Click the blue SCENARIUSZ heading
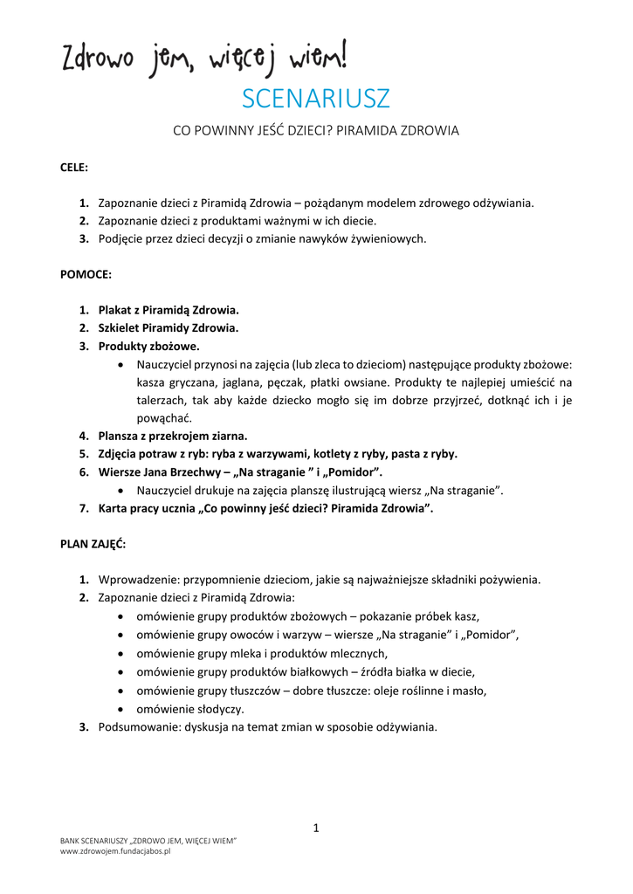[x=315, y=99]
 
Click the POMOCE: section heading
[x=86, y=273]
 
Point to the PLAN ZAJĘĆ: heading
[x=93, y=543]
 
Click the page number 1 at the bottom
[x=316, y=828]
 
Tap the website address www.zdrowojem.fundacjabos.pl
[x=115, y=851]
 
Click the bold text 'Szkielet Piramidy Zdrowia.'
[x=168, y=327]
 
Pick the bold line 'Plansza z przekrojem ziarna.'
[x=173, y=436]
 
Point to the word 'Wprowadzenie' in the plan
[x=135, y=579]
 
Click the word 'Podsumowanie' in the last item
[x=137, y=726]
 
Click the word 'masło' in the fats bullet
[x=470, y=690]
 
